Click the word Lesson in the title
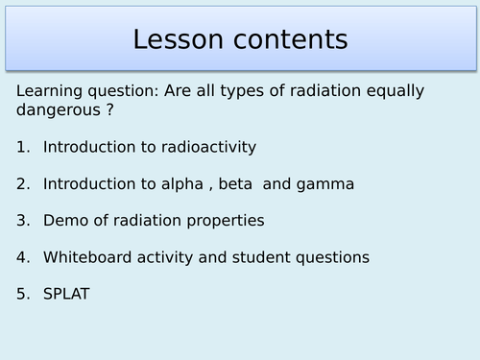(181, 39)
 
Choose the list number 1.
(22, 147)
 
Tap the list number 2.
(22, 183)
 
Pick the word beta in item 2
(234, 183)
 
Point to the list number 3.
(22, 220)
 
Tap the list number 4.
(22, 256)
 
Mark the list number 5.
(22, 293)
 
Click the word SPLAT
(66, 293)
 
